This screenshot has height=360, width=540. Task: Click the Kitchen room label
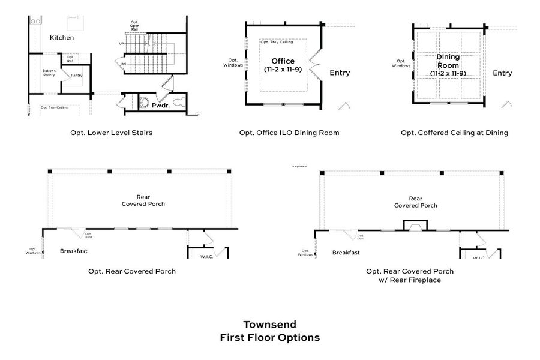click(x=62, y=38)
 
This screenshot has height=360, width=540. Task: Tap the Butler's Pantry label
click(x=49, y=73)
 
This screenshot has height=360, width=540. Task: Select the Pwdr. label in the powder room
click(x=161, y=104)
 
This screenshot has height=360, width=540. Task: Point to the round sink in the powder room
click(x=145, y=103)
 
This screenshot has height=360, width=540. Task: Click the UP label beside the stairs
click(x=122, y=44)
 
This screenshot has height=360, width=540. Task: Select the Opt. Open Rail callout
click(x=134, y=26)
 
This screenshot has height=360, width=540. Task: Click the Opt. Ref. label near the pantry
click(x=70, y=60)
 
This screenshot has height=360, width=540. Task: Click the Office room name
click(x=283, y=61)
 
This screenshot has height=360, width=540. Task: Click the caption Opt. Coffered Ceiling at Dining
click(x=454, y=133)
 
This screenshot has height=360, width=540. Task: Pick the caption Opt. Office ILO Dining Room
click(x=289, y=133)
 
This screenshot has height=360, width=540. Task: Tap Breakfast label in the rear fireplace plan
click(x=346, y=253)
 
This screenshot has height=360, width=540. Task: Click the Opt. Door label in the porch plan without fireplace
click(x=88, y=235)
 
